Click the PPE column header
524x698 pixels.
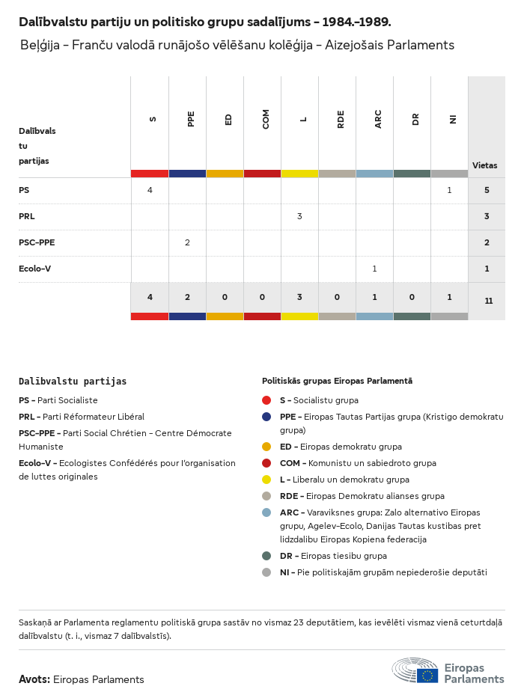pyautogui.click(x=191, y=119)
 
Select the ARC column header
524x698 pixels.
pyautogui.click(x=378, y=119)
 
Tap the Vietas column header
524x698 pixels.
pyautogui.click(x=484, y=165)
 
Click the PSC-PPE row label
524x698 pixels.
pyautogui.click(x=37, y=242)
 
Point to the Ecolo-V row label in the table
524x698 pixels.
pyautogui.click(x=34, y=269)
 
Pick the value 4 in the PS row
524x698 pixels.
pyautogui.click(x=150, y=190)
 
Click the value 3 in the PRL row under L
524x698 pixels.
pyautogui.click(x=299, y=216)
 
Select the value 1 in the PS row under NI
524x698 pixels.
pyautogui.click(x=449, y=190)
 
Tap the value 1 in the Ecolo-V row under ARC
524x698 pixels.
pyautogui.click(x=374, y=269)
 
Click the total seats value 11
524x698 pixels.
pyautogui.click(x=488, y=301)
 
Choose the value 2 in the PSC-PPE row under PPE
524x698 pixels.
pyautogui.click(x=187, y=242)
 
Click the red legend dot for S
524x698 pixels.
pyautogui.click(x=266, y=400)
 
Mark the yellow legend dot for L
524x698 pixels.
pyautogui.click(x=266, y=480)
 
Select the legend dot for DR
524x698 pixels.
pyautogui.click(x=266, y=556)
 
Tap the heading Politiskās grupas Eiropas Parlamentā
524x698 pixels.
pyautogui.click(x=337, y=381)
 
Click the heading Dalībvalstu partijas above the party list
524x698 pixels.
pyautogui.click(x=73, y=381)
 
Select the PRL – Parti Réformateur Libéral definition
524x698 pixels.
pyautogui.click(x=82, y=417)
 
